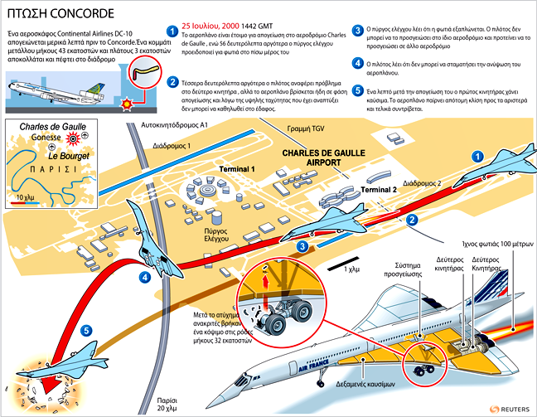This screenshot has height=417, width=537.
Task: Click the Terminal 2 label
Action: [378, 190]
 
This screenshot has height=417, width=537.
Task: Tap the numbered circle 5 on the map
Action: [87, 331]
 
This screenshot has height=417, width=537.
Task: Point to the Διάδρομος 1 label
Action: [172, 146]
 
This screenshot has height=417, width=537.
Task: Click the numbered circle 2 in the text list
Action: [172, 81]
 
